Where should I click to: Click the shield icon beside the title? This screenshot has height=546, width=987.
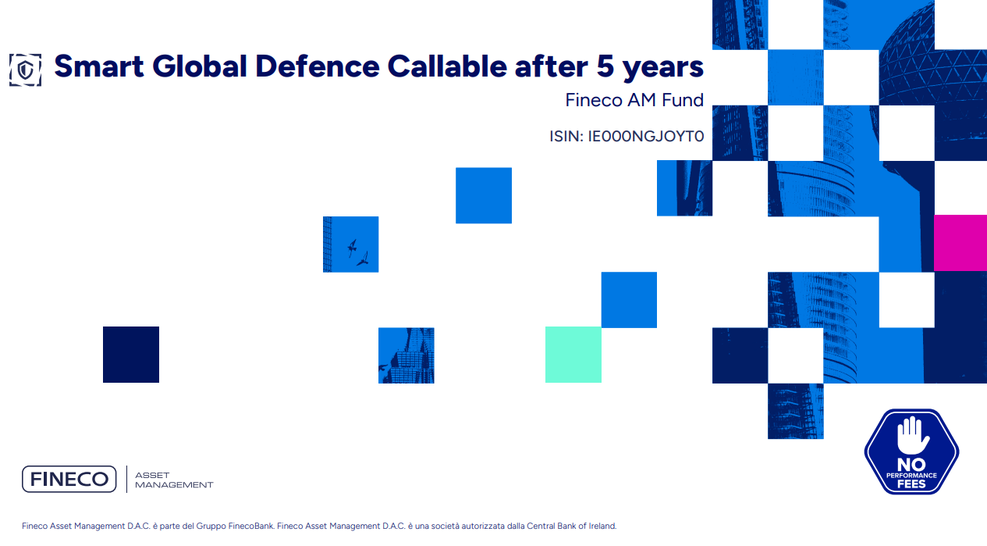(25, 69)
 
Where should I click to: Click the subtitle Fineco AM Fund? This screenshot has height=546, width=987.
(634, 100)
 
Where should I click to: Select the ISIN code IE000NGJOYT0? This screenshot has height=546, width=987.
(645, 137)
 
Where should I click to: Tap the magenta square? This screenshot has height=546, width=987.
(960, 243)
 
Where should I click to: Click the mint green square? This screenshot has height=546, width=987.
(573, 355)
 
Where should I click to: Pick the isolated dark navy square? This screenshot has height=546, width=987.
(131, 355)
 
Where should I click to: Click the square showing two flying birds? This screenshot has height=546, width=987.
(350, 244)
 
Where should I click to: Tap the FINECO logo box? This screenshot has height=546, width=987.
(69, 479)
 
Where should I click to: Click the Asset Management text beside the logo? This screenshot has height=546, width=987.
(173, 480)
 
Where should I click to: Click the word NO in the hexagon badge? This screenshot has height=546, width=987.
(911, 464)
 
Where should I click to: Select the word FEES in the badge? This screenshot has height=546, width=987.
(911, 484)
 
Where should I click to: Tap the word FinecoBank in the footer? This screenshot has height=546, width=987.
(250, 526)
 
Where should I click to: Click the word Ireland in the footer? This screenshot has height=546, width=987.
(602, 526)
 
